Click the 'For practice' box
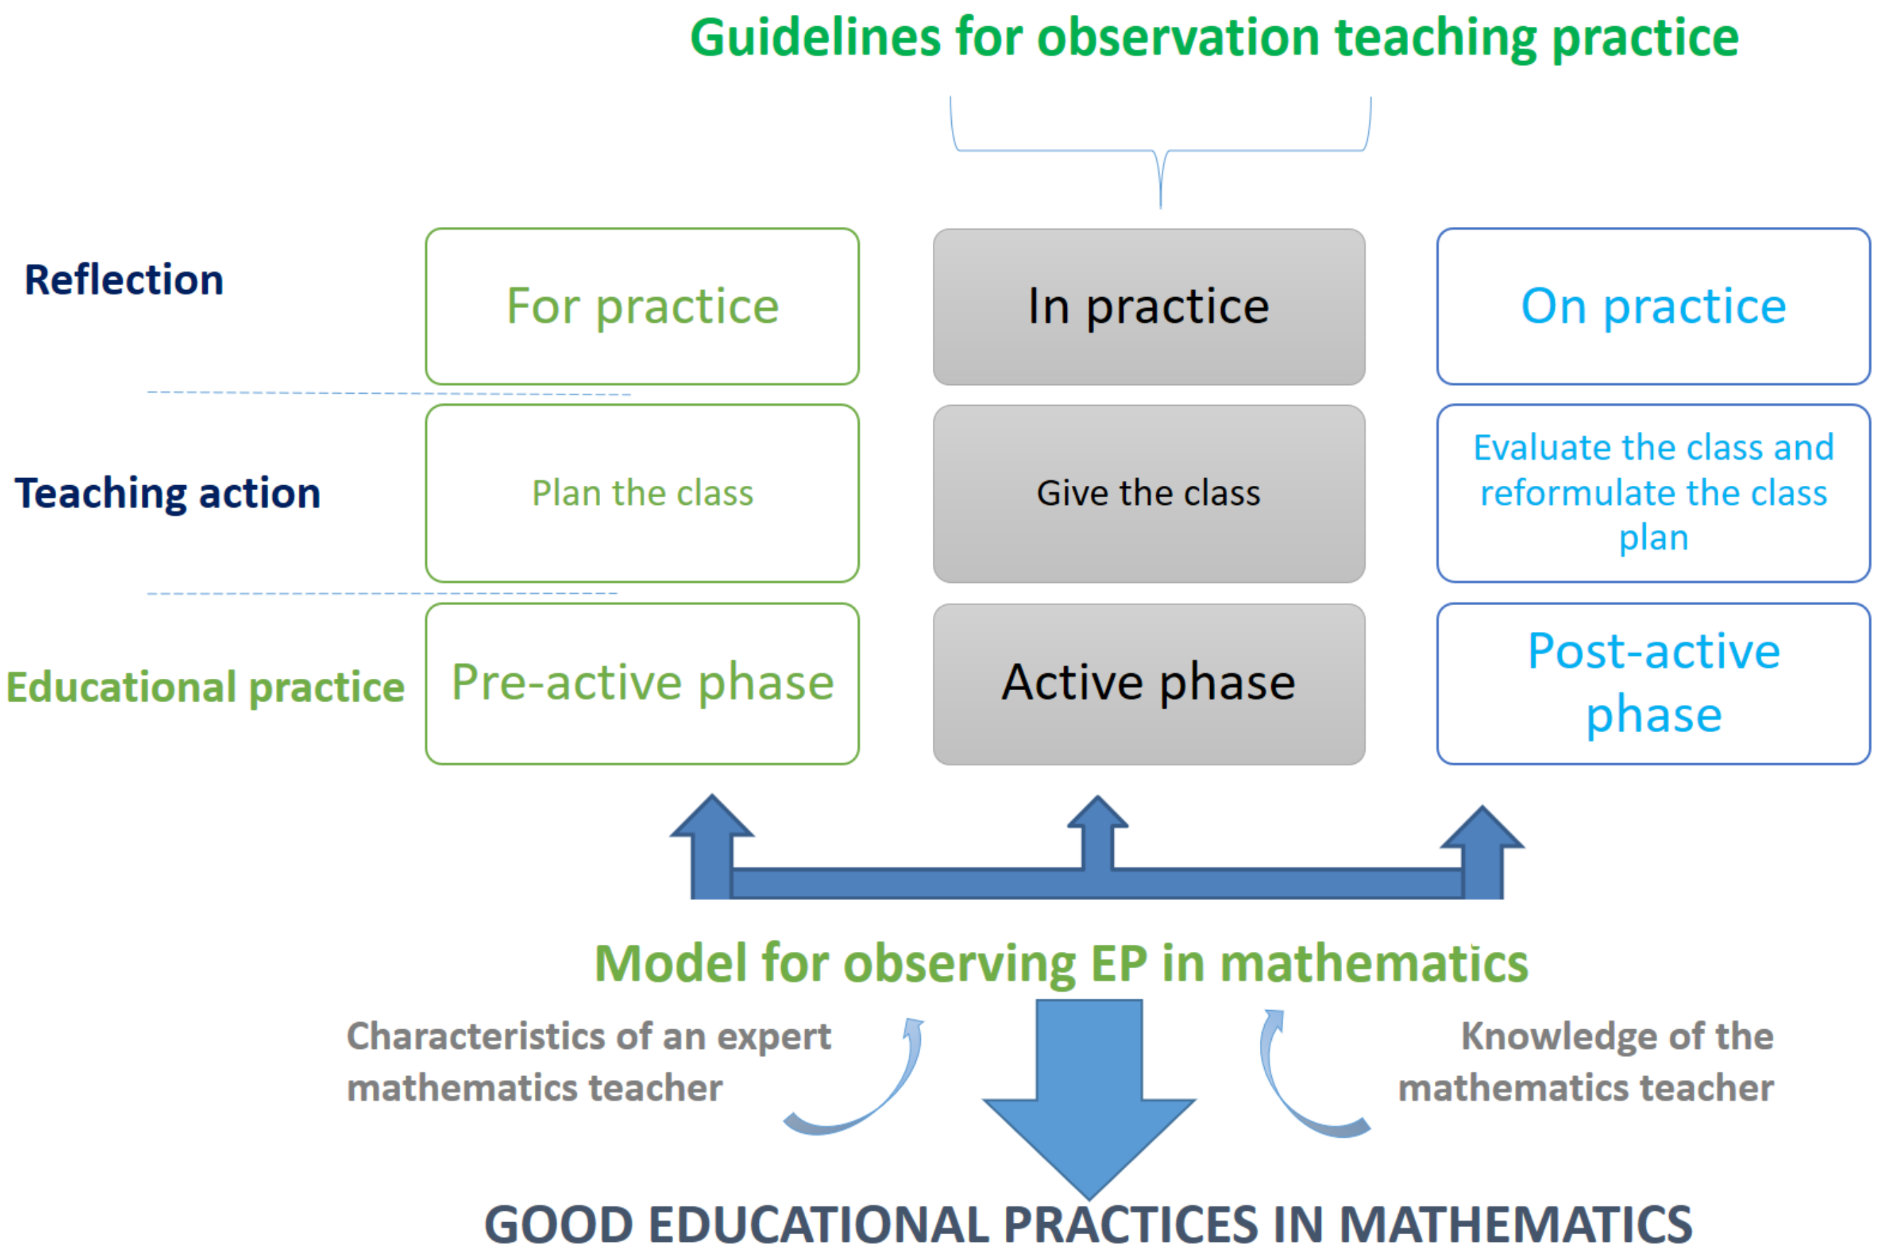click(x=642, y=306)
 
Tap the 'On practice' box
click(x=1652, y=306)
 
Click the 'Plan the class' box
click(x=642, y=493)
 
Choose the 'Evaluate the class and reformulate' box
click(x=1652, y=492)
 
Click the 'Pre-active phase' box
click(x=642, y=683)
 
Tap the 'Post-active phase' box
click(x=1652, y=683)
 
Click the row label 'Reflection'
click(x=124, y=280)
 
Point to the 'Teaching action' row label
click(x=168, y=493)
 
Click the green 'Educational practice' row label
click(x=205, y=687)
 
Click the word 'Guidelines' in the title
click(x=815, y=38)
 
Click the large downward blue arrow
click(x=1089, y=1108)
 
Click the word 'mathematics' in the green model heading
click(x=1373, y=963)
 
